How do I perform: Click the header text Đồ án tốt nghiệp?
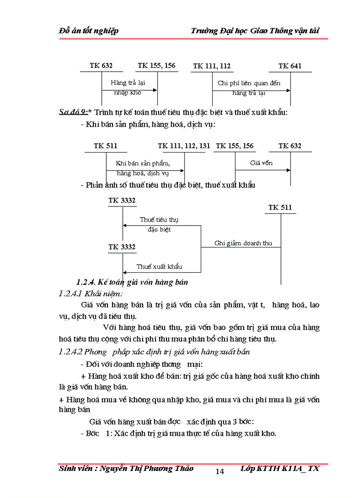[x=89, y=31]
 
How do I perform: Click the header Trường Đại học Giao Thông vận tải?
[x=255, y=31]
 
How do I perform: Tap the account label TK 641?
[x=289, y=66]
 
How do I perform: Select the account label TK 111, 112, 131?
[x=184, y=146]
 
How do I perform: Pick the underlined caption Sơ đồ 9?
[x=72, y=112]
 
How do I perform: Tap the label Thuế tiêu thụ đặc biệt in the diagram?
[x=159, y=224]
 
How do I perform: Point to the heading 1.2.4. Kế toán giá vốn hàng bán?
[x=131, y=282]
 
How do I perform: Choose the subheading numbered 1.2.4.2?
[x=75, y=352]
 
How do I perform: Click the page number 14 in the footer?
[x=219, y=471]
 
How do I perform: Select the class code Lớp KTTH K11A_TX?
[x=280, y=468]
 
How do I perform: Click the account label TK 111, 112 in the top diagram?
[x=212, y=66]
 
